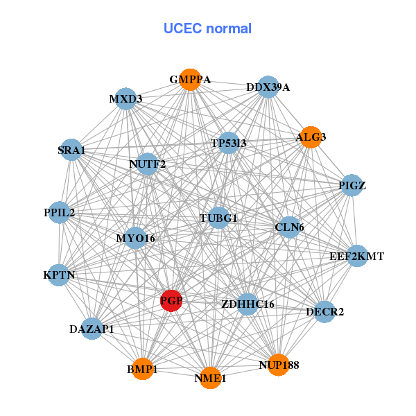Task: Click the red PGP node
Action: click(x=171, y=301)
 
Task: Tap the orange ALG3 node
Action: click(x=310, y=137)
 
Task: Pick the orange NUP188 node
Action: click(x=278, y=365)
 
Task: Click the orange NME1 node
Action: click(x=210, y=378)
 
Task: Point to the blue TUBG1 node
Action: click(x=218, y=218)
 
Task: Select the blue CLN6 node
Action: click(x=289, y=227)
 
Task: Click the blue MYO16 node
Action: click(x=136, y=239)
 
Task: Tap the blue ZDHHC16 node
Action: click(x=248, y=304)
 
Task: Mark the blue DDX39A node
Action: click(x=268, y=87)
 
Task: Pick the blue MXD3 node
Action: click(x=125, y=99)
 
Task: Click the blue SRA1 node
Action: click(x=71, y=150)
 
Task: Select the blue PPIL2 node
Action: click(x=60, y=212)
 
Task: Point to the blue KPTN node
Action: click(x=60, y=275)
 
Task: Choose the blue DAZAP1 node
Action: click(x=92, y=329)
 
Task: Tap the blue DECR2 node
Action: click(x=324, y=311)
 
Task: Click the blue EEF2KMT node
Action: click(x=356, y=256)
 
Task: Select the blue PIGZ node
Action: click(x=352, y=185)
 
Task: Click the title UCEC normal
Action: click(x=207, y=28)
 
